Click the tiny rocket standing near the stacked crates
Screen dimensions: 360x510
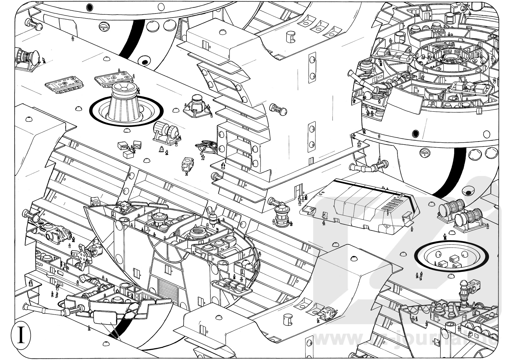(161, 149)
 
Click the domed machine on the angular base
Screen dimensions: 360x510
(197, 105)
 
